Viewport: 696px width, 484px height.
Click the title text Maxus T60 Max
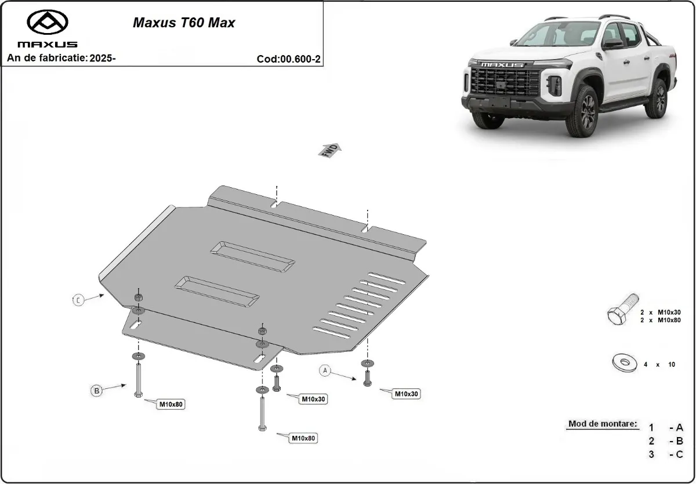point(184,23)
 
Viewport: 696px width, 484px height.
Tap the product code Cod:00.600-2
point(288,59)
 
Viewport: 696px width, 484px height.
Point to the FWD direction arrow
point(330,150)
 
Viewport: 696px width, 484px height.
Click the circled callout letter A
point(325,370)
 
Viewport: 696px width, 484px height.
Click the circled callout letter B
point(97,391)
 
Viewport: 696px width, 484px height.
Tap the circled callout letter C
point(78,300)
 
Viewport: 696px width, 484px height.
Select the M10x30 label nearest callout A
point(407,394)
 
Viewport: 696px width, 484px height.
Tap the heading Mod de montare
point(603,424)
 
